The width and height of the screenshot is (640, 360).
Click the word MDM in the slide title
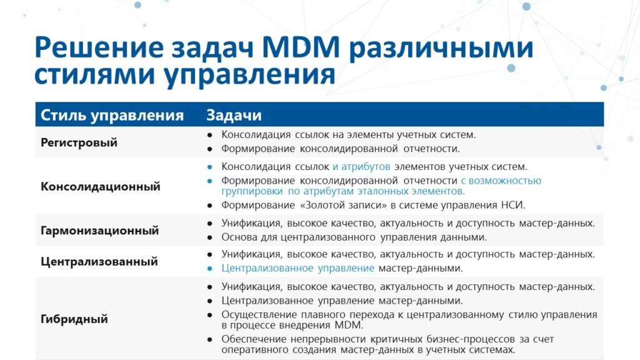[x=301, y=47]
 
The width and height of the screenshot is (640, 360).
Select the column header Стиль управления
[x=112, y=116]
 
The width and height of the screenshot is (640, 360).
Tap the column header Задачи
[x=234, y=116]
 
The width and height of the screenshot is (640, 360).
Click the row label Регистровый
[x=79, y=143]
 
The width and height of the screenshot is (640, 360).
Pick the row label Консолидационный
[x=101, y=186]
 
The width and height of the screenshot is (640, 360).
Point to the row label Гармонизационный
[x=99, y=231]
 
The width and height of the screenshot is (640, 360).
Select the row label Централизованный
[x=99, y=262]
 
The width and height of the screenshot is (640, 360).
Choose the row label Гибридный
[x=74, y=319]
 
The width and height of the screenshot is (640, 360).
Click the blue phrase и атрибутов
[x=361, y=167]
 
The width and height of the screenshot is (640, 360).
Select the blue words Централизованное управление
[x=298, y=268]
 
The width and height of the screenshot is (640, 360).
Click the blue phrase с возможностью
[x=501, y=181]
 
